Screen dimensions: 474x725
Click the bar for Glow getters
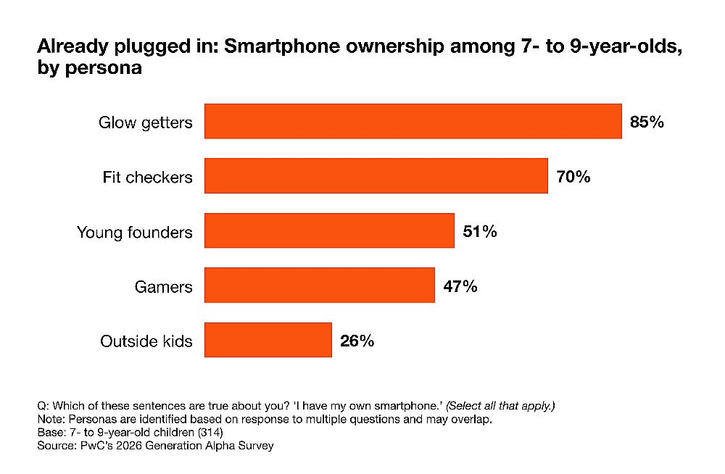click(413, 121)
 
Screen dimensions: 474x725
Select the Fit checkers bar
click(376, 176)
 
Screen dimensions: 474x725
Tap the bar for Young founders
click(329, 231)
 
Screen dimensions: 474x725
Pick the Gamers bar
click(319, 286)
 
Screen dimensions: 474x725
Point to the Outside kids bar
click(268, 340)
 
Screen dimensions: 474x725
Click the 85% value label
click(647, 122)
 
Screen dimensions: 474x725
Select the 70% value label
click(573, 176)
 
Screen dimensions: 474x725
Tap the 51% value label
click(479, 232)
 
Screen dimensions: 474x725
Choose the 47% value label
click(460, 286)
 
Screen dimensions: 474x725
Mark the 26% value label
click(357, 341)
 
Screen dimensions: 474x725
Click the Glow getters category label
click(146, 122)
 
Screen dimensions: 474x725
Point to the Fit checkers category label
click(148, 177)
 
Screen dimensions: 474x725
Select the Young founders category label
click(135, 232)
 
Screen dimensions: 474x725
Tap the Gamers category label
click(164, 286)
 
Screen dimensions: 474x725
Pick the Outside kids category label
click(146, 341)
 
